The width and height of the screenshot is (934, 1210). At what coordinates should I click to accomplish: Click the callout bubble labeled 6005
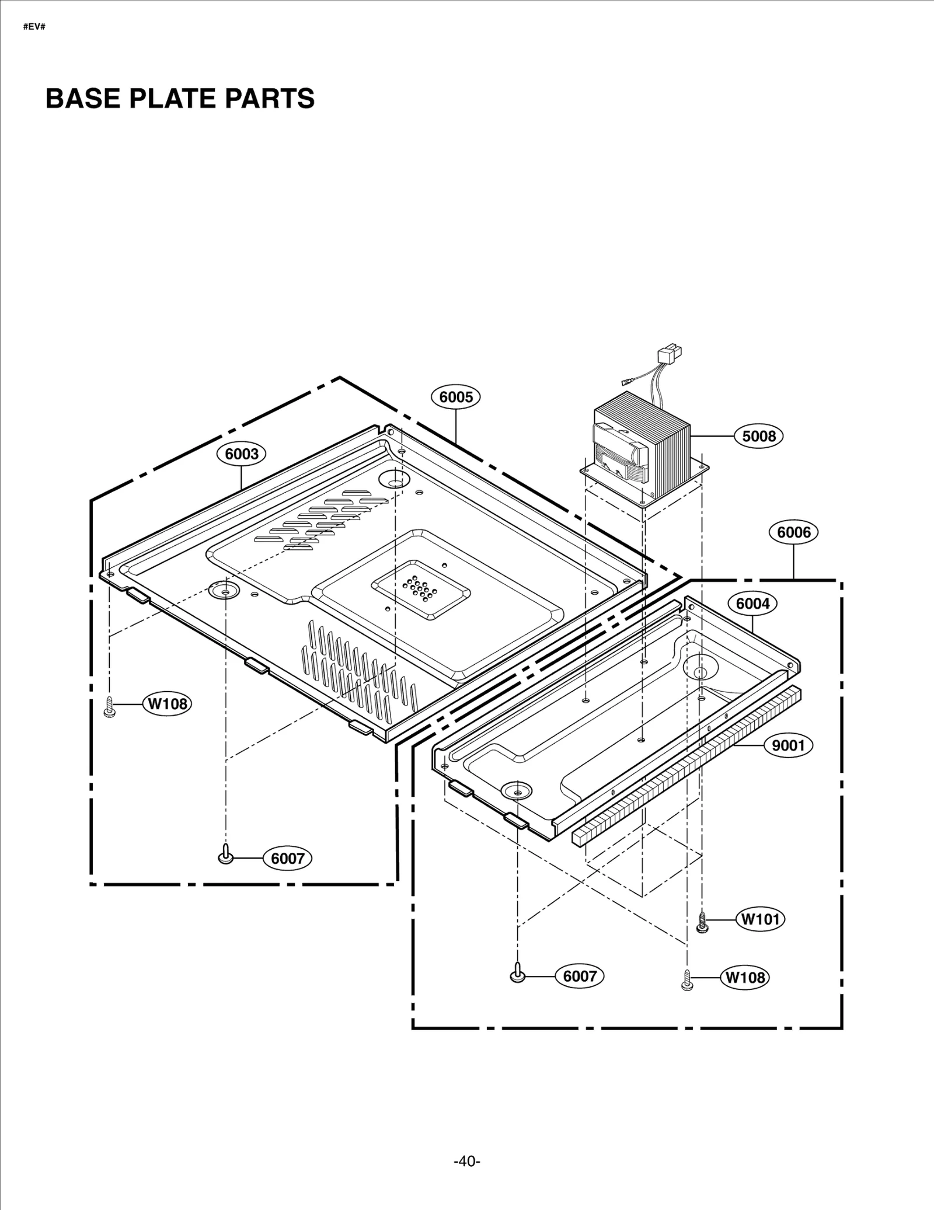point(455,397)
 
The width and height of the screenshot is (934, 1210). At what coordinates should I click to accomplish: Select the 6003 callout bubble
point(241,454)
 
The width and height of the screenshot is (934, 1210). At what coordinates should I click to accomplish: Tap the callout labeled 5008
point(758,436)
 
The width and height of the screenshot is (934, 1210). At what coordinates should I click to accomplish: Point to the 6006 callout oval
point(793,532)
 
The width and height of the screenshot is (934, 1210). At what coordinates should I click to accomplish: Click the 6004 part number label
point(752,604)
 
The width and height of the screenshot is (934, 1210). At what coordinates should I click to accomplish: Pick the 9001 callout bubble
point(788,745)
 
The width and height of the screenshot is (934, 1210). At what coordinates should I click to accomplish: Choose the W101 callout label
point(760,919)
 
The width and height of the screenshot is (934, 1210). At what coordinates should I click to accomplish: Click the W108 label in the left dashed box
point(168,703)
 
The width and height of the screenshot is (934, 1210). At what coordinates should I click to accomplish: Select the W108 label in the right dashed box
point(745,977)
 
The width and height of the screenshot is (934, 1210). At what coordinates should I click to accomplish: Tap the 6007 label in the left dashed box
point(288,858)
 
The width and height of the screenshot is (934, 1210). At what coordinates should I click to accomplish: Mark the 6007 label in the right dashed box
point(580,976)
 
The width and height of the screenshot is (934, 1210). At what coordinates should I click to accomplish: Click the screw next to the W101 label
point(703,922)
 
